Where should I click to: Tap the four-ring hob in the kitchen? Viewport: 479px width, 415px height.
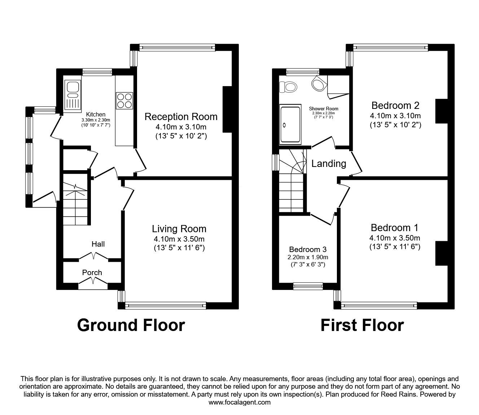coord(124,100)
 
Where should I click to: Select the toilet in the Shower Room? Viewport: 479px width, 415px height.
coord(290,87)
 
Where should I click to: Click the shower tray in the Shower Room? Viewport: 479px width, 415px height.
coord(290,124)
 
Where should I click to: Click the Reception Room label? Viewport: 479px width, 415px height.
coord(181,117)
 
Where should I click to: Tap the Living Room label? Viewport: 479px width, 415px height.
coord(179,229)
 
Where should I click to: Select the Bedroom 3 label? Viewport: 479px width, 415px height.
coord(308,250)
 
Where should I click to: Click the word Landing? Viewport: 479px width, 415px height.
coord(329,164)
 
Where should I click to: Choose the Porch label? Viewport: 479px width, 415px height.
coord(92,273)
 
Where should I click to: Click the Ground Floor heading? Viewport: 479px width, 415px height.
coord(131,325)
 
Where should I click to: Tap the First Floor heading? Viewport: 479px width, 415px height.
coord(362,325)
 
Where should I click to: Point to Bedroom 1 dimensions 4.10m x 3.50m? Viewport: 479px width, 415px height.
coord(395,238)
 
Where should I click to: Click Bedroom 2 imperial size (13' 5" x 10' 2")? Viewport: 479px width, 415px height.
coord(395,125)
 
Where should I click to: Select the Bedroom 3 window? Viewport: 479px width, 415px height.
coord(308,287)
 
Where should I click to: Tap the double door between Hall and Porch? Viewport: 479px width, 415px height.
coord(93,256)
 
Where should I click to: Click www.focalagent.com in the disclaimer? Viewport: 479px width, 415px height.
coord(239,402)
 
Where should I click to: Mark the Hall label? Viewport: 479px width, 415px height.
coord(98,244)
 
